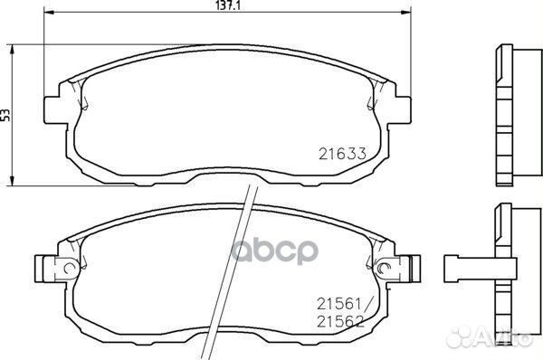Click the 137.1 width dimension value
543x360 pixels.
point(228,5)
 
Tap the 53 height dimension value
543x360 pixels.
point(6,115)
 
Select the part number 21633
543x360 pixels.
point(342,154)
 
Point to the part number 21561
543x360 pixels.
point(339,305)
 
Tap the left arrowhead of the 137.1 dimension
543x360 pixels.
point(49,13)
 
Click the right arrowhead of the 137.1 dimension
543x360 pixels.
point(405,13)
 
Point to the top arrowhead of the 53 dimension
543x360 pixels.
point(12,49)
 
